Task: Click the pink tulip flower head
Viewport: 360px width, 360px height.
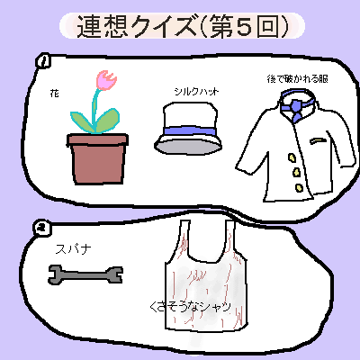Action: [x=106, y=79]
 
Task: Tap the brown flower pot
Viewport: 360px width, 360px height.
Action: [x=97, y=159]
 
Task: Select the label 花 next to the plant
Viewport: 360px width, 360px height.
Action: [x=54, y=94]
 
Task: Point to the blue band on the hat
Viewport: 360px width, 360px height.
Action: [x=189, y=131]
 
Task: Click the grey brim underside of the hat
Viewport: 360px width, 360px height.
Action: [x=188, y=148]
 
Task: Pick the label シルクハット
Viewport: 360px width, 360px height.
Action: [x=197, y=91]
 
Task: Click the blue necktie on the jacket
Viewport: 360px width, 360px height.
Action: [x=296, y=111]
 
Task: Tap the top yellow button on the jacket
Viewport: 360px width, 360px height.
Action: [x=292, y=157]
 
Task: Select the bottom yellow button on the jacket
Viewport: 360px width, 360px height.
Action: [x=299, y=187]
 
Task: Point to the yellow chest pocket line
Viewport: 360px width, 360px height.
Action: [x=318, y=140]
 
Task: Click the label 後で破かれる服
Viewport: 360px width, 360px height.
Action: [x=297, y=79]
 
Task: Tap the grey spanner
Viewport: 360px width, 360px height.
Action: [x=85, y=274]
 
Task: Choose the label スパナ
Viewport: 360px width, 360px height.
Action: [x=74, y=249]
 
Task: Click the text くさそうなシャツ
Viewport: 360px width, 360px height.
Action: [x=191, y=307]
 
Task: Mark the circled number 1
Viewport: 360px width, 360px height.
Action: [x=43, y=61]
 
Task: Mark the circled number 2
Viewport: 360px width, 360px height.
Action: [x=42, y=229]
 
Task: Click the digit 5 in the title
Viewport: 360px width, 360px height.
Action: [x=245, y=26]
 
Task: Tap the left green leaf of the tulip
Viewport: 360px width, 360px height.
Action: [x=82, y=121]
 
